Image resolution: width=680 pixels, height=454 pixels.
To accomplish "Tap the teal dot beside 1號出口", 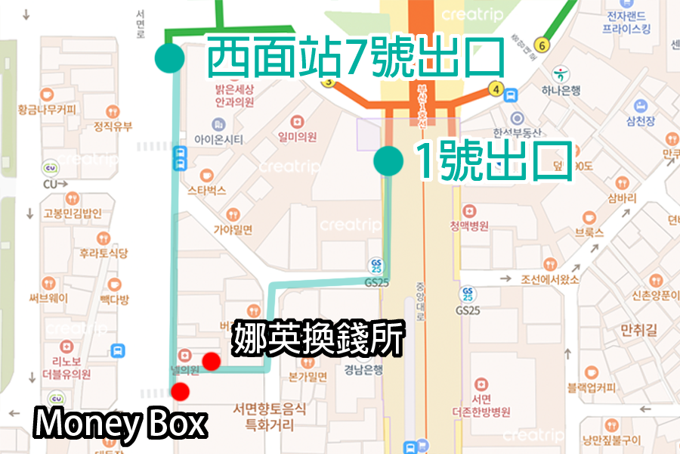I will (x=388, y=160).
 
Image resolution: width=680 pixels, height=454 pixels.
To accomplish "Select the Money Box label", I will (x=120, y=424).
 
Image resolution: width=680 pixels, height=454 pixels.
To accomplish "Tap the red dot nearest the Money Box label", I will (x=180, y=391).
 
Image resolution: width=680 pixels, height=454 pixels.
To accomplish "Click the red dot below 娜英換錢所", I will (x=212, y=362).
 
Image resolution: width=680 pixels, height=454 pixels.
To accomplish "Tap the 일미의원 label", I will (x=296, y=136).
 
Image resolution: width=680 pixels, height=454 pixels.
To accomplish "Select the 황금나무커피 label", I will (x=48, y=110).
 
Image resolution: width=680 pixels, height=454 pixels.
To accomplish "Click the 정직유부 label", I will (x=113, y=126).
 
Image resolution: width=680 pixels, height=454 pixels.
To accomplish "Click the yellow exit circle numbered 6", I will (x=541, y=45).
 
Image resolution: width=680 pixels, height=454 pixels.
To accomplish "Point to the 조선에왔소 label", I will (x=549, y=278).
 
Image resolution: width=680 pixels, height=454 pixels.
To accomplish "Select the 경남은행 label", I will (x=364, y=370).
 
